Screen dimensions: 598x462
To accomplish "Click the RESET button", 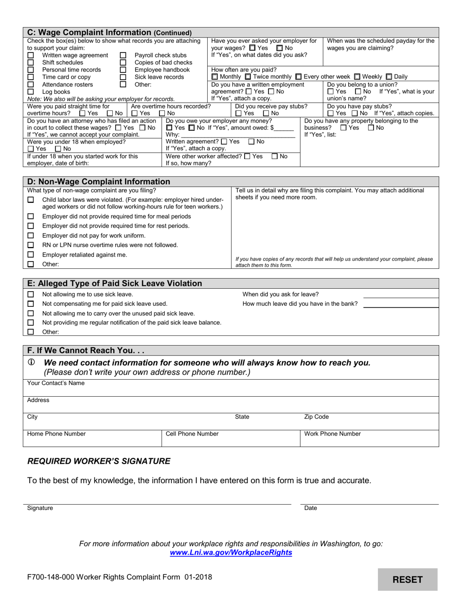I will point(408,580).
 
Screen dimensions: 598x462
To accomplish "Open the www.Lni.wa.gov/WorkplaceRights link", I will point(231,553).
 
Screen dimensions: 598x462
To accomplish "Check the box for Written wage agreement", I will point(31,55).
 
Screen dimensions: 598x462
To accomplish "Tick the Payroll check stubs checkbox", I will point(123,55).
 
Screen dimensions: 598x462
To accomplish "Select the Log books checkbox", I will point(31,91).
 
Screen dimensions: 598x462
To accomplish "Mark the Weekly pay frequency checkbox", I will point(357,77).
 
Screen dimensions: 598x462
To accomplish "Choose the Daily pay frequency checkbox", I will point(389,77).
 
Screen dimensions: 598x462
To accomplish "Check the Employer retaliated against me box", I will point(31,255).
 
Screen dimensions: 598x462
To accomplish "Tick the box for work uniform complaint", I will point(31,236).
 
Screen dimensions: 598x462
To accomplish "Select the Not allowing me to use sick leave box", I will point(31,295).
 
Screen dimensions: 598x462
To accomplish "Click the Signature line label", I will point(40,508).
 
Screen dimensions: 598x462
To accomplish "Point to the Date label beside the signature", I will point(310,508).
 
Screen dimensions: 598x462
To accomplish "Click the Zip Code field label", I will point(316,417).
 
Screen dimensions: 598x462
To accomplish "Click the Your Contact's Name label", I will point(55,383).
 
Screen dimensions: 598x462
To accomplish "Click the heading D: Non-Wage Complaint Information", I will point(99,182).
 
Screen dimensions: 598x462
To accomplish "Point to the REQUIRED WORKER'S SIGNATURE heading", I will point(99,461).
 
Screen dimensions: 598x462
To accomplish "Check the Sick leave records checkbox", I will point(123,77).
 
